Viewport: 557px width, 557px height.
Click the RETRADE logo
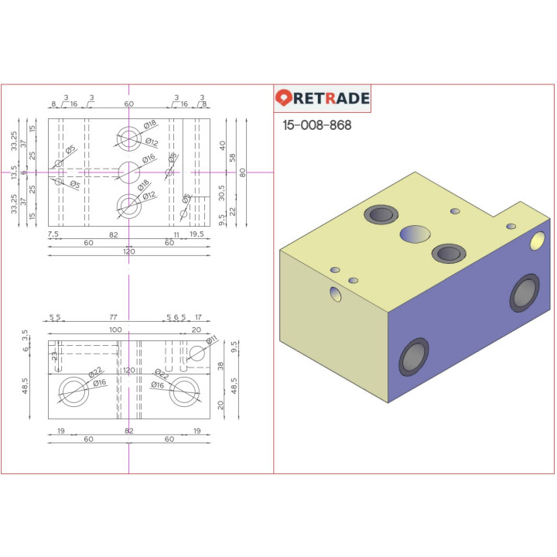click(x=323, y=98)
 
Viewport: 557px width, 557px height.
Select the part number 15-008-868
click(x=316, y=125)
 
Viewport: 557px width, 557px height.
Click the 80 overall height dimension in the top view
click(x=242, y=172)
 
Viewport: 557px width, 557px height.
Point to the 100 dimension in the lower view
click(x=114, y=330)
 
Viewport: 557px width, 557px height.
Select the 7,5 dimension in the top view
click(x=53, y=234)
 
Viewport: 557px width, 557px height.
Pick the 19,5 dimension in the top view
click(x=196, y=234)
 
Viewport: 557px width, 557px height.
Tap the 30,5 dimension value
click(x=222, y=192)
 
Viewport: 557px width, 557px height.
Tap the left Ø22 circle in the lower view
click(x=73, y=392)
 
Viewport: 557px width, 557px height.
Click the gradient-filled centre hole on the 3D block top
click(x=415, y=234)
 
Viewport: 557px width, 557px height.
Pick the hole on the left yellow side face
click(x=334, y=294)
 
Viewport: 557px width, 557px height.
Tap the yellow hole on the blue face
click(x=536, y=243)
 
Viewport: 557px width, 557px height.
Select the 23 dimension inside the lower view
click(x=54, y=357)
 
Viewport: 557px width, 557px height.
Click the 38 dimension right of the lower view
click(x=221, y=365)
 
